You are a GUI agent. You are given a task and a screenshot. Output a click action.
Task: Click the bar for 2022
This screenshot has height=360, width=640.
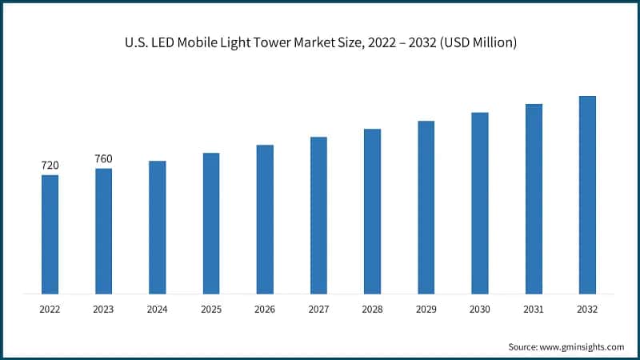[x=50, y=234]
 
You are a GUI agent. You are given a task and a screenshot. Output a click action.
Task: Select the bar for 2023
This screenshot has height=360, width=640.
[x=103, y=230]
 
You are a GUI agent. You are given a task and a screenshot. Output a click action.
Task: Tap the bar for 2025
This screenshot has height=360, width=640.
[x=211, y=222]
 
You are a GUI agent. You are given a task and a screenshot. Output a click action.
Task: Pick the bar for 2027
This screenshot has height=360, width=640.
[x=318, y=214]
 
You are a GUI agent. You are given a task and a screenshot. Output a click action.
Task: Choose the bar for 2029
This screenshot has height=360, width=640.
[x=426, y=206]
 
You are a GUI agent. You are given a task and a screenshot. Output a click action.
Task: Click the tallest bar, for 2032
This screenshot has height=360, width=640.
[x=587, y=194]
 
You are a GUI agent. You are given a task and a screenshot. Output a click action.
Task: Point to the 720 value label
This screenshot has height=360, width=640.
[x=50, y=166]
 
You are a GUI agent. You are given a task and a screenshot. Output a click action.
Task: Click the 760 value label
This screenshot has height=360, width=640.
[x=103, y=159]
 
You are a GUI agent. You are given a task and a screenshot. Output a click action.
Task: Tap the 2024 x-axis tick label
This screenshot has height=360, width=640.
[x=157, y=308]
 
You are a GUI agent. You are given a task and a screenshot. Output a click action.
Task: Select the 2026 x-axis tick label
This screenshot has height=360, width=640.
[x=265, y=308]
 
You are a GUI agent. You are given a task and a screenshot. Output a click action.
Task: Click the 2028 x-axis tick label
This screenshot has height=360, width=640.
[x=372, y=308]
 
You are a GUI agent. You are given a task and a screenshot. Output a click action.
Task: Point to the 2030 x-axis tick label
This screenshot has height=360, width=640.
[x=480, y=308]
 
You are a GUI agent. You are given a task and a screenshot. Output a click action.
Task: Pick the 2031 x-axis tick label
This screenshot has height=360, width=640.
[x=534, y=308]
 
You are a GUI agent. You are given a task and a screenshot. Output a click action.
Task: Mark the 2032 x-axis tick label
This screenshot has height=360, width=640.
[x=587, y=308]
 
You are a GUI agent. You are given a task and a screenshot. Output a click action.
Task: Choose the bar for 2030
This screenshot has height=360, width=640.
[x=480, y=202]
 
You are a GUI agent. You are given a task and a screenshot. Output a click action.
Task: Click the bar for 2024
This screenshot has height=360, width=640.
[x=157, y=226]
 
